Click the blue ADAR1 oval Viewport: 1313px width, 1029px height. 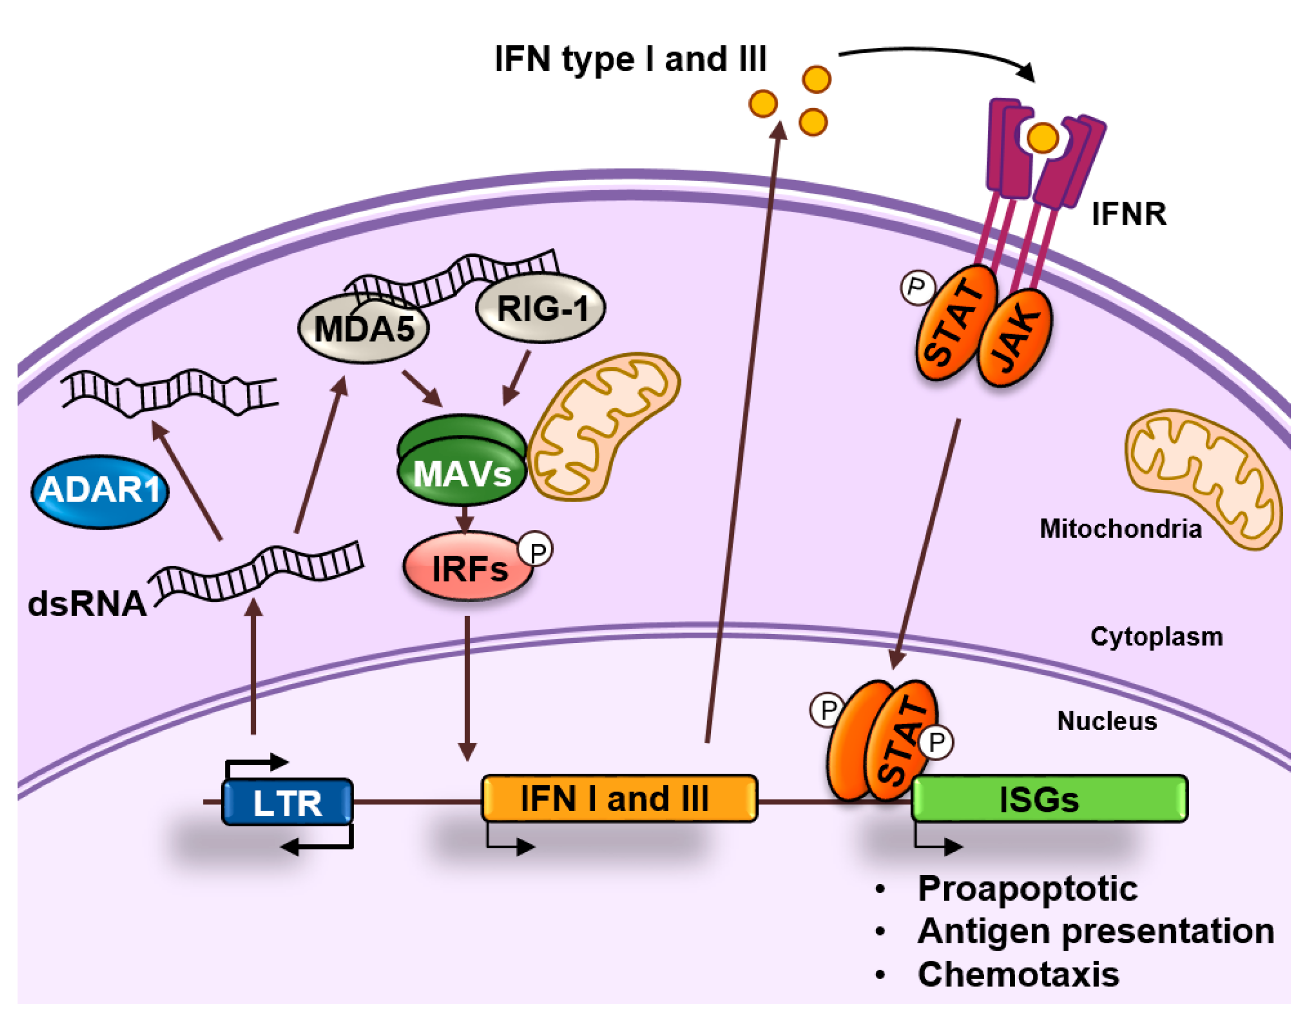(99, 491)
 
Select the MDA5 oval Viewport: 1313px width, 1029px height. (364, 329)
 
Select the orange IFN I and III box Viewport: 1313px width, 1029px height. (619, 799)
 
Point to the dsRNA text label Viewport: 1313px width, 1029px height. (87, 604)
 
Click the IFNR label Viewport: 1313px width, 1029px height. (1129, 214)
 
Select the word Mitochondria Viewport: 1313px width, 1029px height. (1120, 529)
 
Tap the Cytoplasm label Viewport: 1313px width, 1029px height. (1156, 637)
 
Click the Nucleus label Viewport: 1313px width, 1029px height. (1107, 721)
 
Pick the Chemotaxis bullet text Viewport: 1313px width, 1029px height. (1018, 975)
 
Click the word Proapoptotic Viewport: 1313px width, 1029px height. (1027, 889)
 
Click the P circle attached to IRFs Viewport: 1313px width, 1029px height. (536, 549)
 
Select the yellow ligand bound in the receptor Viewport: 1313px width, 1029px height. (1042, 138)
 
